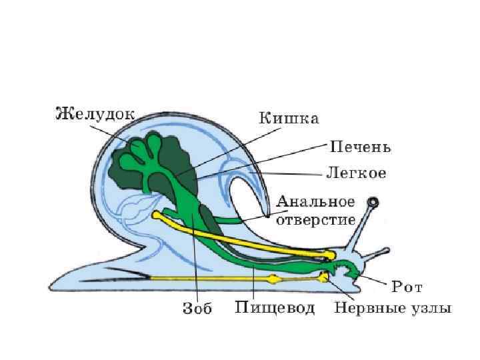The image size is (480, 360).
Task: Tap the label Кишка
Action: (289, 119)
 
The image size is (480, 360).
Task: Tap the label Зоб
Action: (197, 310)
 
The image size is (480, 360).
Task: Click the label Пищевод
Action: (275, 309)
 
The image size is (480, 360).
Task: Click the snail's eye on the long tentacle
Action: (375, 201)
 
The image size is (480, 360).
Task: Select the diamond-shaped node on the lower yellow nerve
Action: (271, 279)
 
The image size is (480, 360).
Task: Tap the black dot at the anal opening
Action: (267, 215)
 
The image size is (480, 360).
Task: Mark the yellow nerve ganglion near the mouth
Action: (325, 276)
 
